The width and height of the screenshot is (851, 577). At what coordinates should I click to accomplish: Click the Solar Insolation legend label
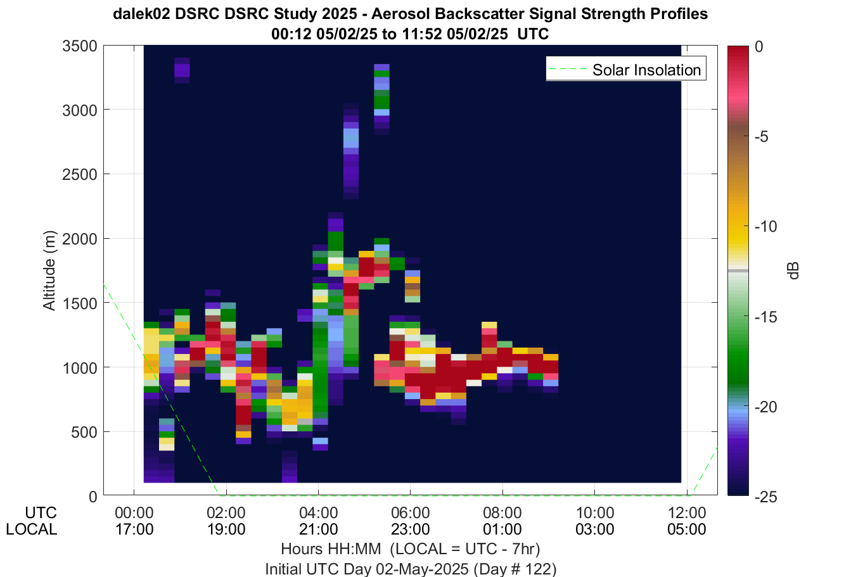pos(646,70)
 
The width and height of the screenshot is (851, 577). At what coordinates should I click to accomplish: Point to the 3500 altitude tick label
pos(80,46)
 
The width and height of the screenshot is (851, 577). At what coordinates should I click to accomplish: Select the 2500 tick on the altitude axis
pos(80,174)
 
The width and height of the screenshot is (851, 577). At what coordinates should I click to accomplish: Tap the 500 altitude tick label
pos(84,432)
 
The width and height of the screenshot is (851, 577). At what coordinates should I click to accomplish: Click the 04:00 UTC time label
pos(318,513)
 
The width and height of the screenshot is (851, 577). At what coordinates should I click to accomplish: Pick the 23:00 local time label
pos(411,529)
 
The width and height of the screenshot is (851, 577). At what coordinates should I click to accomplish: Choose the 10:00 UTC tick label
pos(595,513)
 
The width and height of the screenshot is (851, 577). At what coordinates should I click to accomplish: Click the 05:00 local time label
pos(687,529)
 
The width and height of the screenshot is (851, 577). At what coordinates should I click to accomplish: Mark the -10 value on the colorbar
pos(765,226)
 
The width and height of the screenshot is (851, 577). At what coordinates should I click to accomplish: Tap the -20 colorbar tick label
pos(765,407)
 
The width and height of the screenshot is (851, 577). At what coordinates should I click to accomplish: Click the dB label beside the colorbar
pos(793,270)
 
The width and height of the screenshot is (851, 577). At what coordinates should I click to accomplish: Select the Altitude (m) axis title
pos(49,270)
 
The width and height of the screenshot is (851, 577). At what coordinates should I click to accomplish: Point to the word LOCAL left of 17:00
pos(32,529)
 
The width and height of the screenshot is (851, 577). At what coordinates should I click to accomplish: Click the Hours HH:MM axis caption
pos(331,549)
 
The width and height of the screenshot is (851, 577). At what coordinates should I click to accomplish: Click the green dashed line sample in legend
pos(568,69)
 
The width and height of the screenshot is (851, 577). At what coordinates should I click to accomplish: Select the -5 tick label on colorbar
pos(762,136)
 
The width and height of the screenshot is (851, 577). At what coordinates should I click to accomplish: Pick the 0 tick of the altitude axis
pos(93,497)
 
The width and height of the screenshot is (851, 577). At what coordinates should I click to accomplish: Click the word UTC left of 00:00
pos(41,513)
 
